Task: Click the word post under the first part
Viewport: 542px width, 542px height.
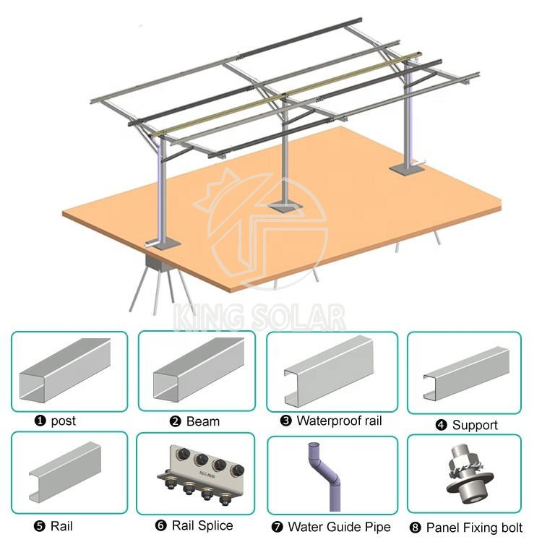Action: point(63,421)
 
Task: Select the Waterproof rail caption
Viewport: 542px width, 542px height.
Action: point(338,421)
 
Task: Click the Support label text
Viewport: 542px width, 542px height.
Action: point(475,425)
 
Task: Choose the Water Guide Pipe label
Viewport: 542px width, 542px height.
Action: point(339,527)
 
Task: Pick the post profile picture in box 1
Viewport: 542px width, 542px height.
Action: point(66,370)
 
